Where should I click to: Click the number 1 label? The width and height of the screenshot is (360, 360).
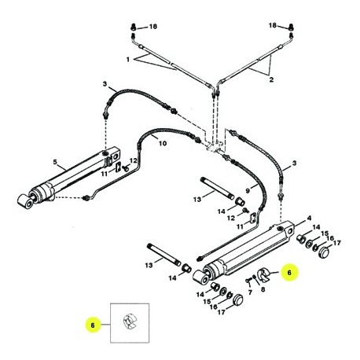click(x=127, y=60)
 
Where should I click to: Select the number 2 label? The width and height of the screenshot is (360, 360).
click(x=271, y=79)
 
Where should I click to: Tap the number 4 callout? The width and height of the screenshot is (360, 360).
click(x=309, y=218)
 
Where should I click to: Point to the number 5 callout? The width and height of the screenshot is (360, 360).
click(x=55, y=162)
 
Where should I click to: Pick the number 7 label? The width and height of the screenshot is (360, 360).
click(x=250, y=292)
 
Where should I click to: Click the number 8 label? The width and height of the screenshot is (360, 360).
click(x=263, y=289)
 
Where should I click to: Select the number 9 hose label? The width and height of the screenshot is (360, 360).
click(x=248, y=191)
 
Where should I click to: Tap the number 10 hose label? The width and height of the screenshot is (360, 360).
click(x=163, y=143)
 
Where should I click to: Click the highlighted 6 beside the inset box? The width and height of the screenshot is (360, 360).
click(x=93, y=325)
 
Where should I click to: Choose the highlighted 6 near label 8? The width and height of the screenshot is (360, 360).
click(x=289, y=273)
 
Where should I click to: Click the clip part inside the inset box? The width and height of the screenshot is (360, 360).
click(x=129, y=322)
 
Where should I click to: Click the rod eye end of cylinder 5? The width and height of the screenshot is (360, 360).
click(x=26, y=201)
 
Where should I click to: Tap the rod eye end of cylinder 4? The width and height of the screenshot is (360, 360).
click(x=201, y=278)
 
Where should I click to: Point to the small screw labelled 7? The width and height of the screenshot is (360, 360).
click(x=248, y=281)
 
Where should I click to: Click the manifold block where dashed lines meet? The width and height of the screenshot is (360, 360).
click(x=215, y=148)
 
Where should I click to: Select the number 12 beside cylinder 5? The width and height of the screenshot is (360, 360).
click(x=134, y=160)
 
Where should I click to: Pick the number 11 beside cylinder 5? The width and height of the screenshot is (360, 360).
click(x=105, y=174)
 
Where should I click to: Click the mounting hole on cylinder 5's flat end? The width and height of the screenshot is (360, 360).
click(x=116, y=157)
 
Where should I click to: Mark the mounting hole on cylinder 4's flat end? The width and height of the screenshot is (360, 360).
click(x=290, y=232)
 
